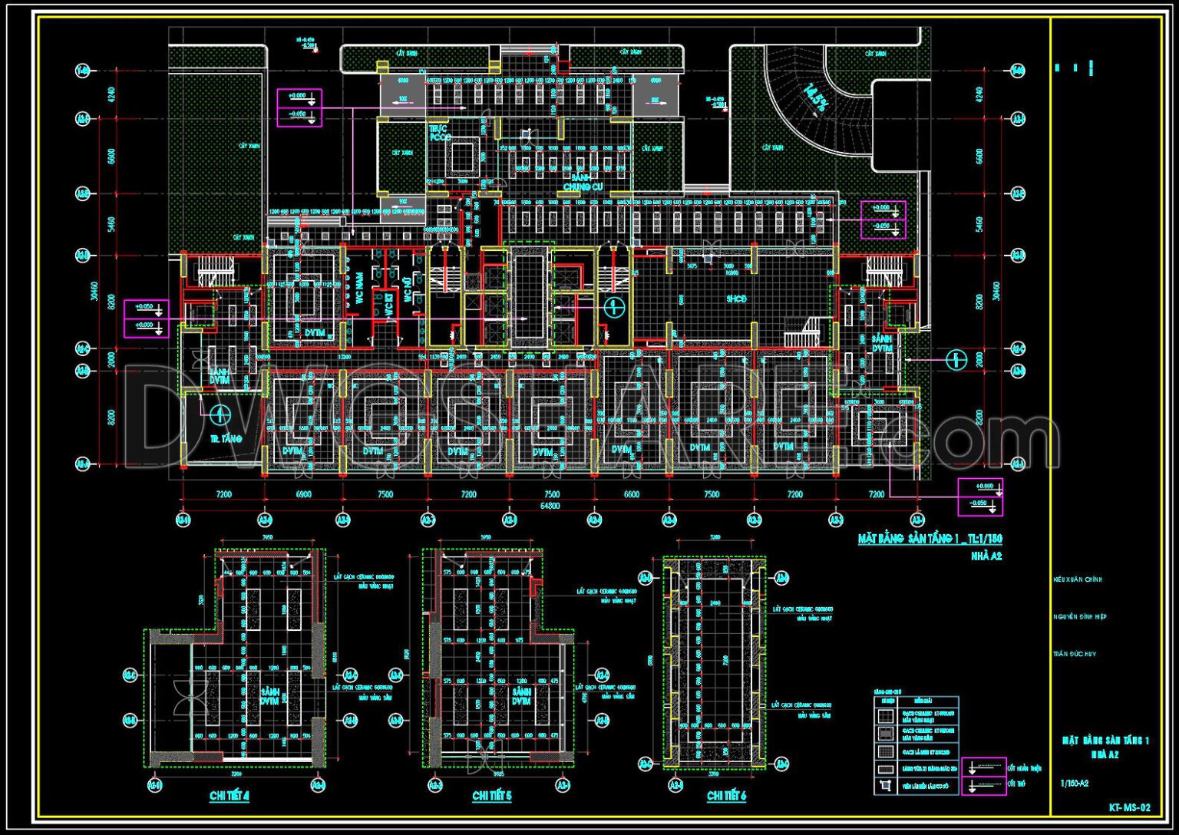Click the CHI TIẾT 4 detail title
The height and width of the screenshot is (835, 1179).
(x=230, y=797)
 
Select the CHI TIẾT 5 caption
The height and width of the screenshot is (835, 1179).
(x=491, y=797)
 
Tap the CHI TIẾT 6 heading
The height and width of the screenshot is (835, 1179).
(x=726, y=797)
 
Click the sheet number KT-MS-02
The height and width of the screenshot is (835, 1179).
(x=1129, y=807)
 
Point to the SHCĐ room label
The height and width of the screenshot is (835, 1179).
(x=736, y=299)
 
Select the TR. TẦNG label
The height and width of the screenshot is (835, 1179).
(x=226, y=439)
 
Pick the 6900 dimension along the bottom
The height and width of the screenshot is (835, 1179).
(x=304, y=495)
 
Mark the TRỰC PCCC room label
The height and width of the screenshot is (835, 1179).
(x=440, y=134)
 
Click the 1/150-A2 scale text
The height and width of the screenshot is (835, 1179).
(x=1074, y=784)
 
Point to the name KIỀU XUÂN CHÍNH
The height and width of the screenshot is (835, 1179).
(x=1078, y=580)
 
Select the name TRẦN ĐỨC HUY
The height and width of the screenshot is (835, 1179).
(x=1075, y=654)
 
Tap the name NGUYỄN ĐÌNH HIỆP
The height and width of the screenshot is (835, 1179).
(x=1080, y=617)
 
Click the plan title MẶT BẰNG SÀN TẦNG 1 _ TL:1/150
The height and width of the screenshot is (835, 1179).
(x=930, y=540)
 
